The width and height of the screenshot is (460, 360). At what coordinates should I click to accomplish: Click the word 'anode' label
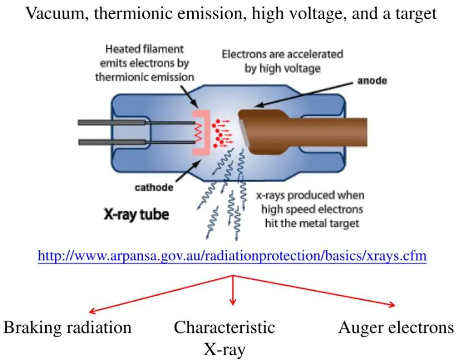(372, 81)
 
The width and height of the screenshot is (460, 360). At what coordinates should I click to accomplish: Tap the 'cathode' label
(154, 187)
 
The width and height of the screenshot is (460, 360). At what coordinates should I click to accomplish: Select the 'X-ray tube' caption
(137, 214)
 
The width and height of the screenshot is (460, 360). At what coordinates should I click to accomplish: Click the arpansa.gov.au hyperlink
(232, 255)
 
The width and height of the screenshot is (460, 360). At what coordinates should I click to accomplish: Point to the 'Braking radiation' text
(67, 327)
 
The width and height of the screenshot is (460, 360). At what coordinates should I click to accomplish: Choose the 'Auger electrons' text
(396, 327)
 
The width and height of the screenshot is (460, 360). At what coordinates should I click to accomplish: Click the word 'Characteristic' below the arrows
(225, 327)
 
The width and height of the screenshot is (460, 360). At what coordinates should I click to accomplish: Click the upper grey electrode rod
(136, 122)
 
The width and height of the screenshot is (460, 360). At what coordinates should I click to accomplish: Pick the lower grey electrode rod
(136, 142)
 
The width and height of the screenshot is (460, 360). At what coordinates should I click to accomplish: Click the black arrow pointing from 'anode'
(303, 95)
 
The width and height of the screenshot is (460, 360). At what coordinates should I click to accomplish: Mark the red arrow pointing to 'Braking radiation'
(161, 294)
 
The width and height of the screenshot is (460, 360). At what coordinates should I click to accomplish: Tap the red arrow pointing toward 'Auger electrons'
(314, 291)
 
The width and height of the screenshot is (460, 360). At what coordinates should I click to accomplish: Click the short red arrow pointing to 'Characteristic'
(233, 290)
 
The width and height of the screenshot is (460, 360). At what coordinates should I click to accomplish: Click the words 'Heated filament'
(145, 49)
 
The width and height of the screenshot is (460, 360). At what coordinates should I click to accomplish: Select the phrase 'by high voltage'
(282, 69)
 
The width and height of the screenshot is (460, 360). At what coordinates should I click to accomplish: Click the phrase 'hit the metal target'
(312, 223)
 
